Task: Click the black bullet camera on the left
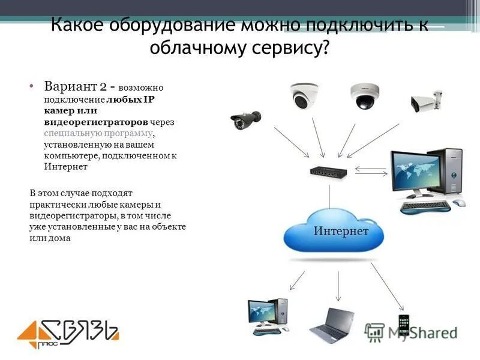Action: [246, 119]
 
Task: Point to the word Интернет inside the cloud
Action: [340, 231]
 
